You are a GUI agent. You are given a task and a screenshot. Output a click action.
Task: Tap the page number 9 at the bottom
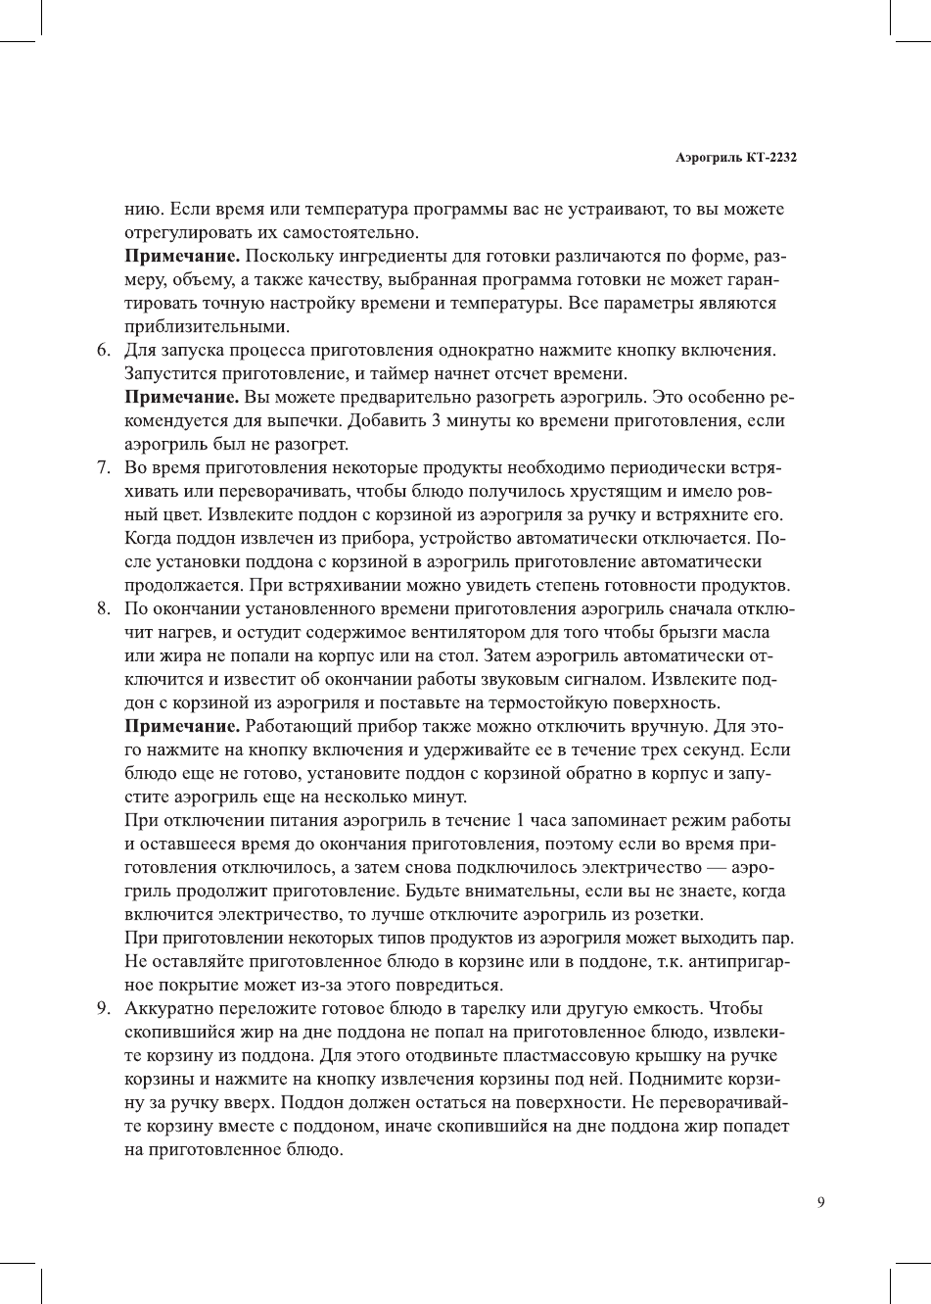pos(820,1203)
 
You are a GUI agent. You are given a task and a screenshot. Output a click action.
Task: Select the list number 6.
pos(102,350)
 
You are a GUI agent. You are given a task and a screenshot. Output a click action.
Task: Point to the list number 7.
pos(102,467)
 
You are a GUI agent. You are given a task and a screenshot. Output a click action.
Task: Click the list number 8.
pos(102,608)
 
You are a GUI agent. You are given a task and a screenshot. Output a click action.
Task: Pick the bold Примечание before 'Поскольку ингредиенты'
pos(183,257)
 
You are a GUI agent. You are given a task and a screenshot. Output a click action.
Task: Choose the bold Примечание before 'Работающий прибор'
pos(183,726)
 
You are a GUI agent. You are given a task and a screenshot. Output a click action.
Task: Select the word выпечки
pos(290,420)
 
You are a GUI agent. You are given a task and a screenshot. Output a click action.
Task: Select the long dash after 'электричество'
pos(714,867)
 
